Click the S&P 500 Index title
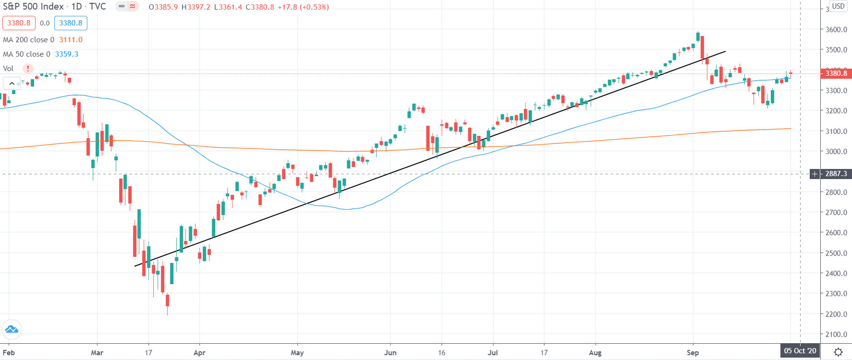[33, 7]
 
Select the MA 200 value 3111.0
[71, 40]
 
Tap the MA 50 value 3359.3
[66, 54]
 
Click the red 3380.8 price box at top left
[19, 23]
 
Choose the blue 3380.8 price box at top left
[71, 23]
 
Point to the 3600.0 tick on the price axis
[836, 29]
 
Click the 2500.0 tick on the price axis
[836, 253]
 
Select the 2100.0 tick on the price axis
[836, 334]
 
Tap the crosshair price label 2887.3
[836, 174]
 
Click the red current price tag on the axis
[836, 73]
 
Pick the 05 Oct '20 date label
[800, 351]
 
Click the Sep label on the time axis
[693, 353]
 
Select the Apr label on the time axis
[199, 353]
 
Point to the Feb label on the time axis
[9, 353]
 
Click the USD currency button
[838, 6]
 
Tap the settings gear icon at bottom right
[838, 352]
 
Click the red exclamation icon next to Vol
[28, 69]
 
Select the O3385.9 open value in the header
[163, 7]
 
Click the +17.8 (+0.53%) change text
[303, 7]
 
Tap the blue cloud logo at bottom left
[11, 329]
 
